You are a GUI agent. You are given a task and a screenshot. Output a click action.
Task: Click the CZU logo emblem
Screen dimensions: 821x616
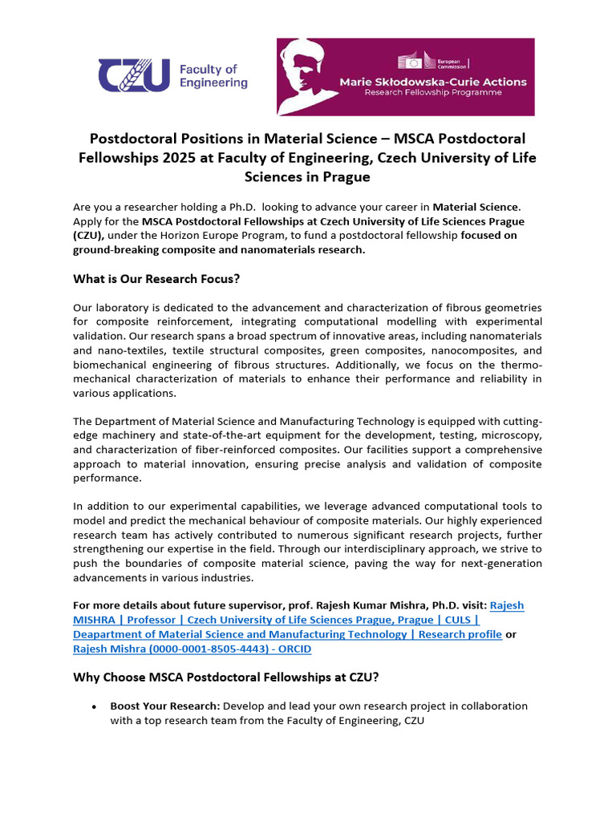pos(133,75)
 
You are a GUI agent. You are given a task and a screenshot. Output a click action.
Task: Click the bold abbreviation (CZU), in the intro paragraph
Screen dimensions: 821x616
pos(89,235)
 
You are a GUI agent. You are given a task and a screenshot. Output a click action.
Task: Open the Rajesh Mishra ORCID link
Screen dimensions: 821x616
pos(192,649)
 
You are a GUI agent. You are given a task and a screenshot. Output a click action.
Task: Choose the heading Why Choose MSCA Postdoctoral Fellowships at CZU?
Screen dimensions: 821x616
pos(226,677)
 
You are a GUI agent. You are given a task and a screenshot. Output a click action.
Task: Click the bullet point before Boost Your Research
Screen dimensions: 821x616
pos(95,707)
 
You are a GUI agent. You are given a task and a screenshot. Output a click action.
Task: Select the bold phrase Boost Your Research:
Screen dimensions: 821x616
pos(165,706)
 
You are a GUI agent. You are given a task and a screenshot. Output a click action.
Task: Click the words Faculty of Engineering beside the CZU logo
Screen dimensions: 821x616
pos(213,76)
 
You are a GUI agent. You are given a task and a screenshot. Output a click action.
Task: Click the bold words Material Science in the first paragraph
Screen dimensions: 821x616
pos(476,207)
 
